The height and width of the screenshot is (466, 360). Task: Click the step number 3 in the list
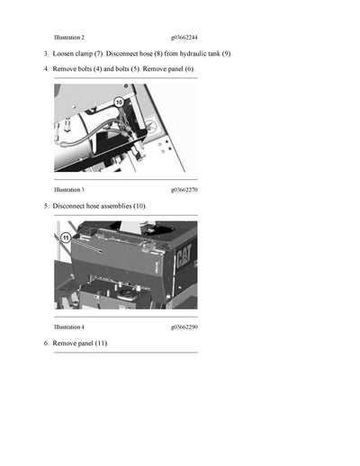point(46,54)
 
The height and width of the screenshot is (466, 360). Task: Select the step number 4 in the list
point(46,69)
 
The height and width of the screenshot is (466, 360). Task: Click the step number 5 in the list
point(46,206)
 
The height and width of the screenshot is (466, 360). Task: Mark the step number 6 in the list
point(46,344)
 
